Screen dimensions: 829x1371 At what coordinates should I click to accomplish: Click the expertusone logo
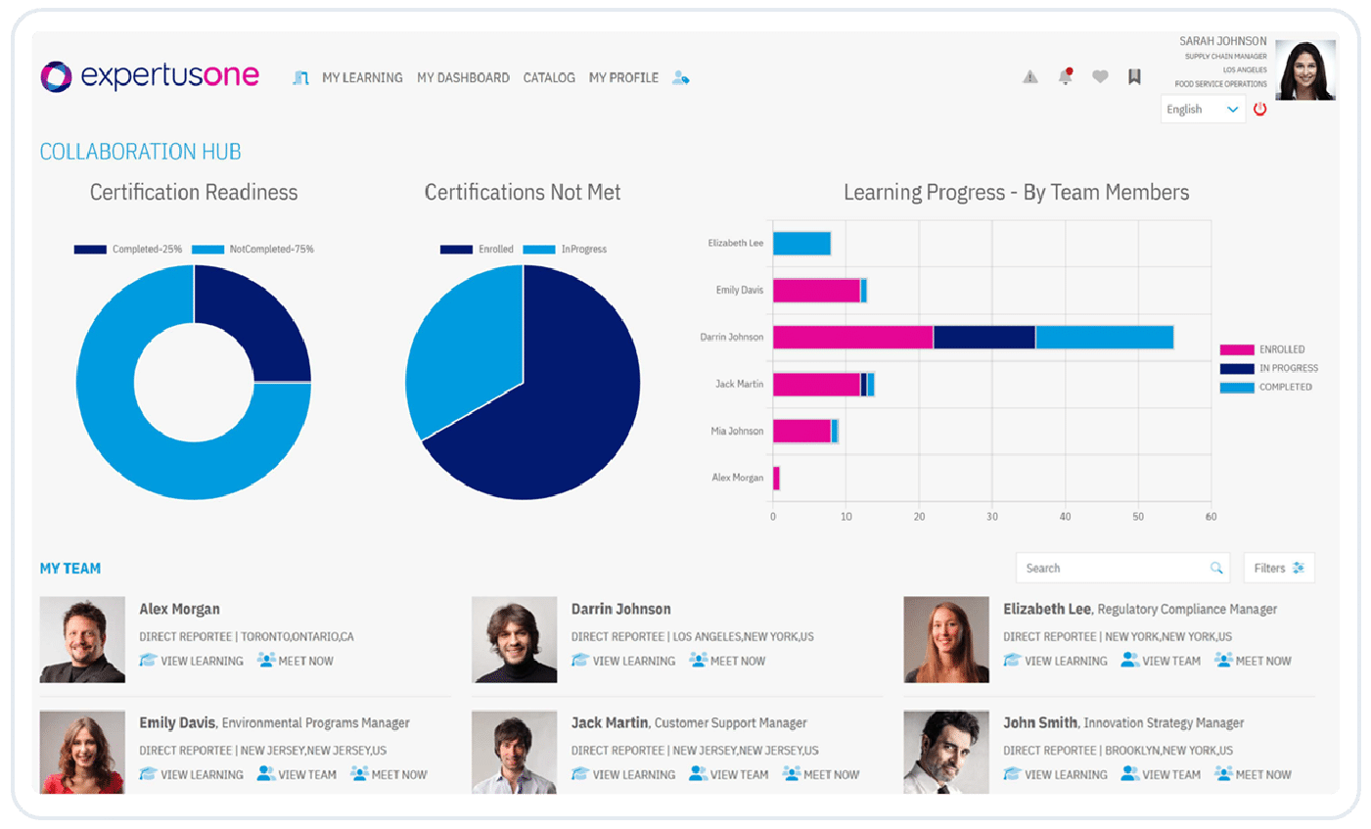pos(150,76)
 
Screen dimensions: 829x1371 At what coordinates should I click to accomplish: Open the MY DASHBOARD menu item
pos(463,77)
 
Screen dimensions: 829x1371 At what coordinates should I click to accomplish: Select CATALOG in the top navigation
pos(549,77)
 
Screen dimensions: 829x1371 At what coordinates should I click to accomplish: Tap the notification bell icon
pos(1066,76)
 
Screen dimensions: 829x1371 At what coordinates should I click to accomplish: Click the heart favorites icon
pos(1100,76)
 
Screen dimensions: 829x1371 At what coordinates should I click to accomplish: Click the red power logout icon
pos(1259,110)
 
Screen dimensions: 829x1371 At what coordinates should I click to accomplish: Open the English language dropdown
pos(1203,110)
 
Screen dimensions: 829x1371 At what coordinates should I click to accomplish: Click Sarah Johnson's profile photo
pos(1305,70)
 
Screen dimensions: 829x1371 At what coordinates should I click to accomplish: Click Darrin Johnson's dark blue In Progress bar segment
pos(983,337)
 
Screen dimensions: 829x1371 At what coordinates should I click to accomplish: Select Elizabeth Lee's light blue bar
pos(801,243)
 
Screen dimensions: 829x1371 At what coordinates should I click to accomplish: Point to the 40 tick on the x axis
pos(1065,516)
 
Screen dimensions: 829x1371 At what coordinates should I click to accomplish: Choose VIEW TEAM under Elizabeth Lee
pos(1162,661)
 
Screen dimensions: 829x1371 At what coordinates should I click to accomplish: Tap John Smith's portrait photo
pos(945,752)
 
